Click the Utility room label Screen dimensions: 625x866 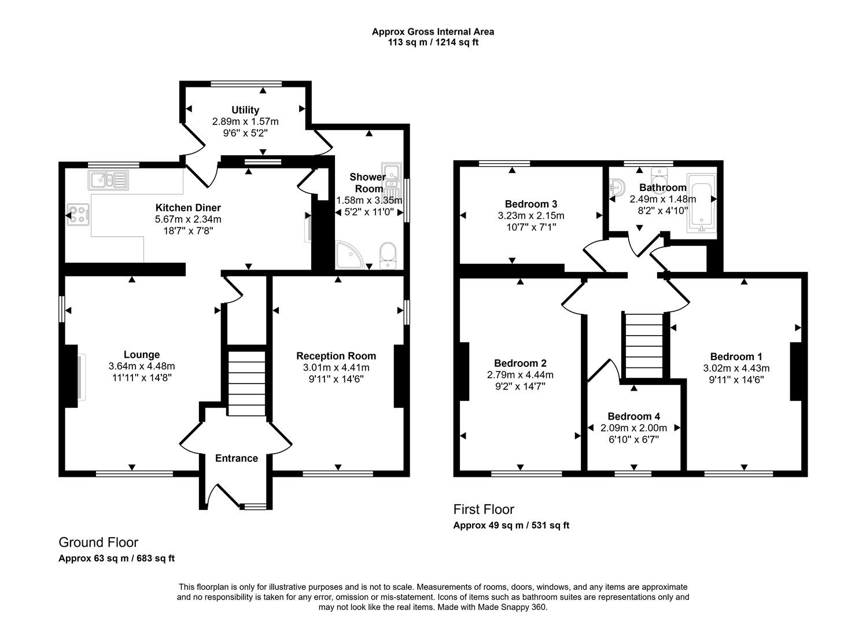point(245,110)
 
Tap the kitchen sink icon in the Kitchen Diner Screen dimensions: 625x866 point(108,180)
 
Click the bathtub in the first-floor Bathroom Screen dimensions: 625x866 point(701,203)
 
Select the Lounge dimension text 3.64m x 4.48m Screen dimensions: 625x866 point(141,366)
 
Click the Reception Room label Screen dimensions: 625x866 point(336,356)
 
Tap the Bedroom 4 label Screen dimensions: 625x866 point(633,417)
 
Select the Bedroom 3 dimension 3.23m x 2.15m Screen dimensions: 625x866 point(531,216)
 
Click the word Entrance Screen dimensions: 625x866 point(236,458)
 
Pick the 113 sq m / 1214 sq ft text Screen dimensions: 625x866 point(433,42)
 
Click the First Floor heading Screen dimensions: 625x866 point(483,509)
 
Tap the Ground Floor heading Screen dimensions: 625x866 point(98,542)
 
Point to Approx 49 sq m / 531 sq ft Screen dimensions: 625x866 point(511,525)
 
